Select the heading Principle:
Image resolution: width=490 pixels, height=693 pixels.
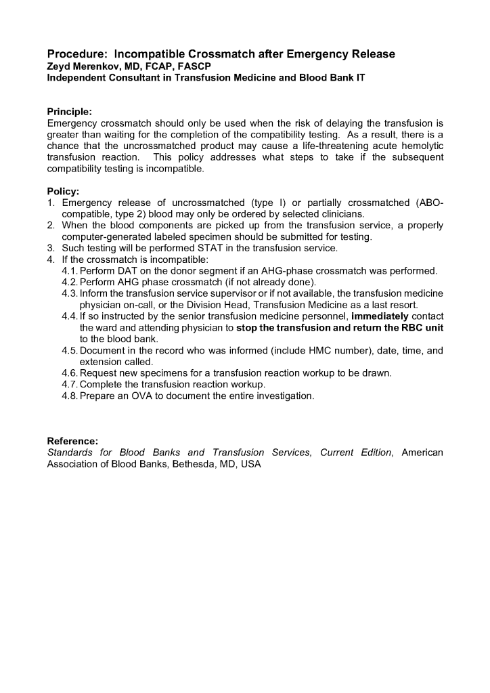pos(70,112)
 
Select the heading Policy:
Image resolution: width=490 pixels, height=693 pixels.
pos(63,192)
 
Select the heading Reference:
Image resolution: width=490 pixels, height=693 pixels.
pos(72,441)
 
